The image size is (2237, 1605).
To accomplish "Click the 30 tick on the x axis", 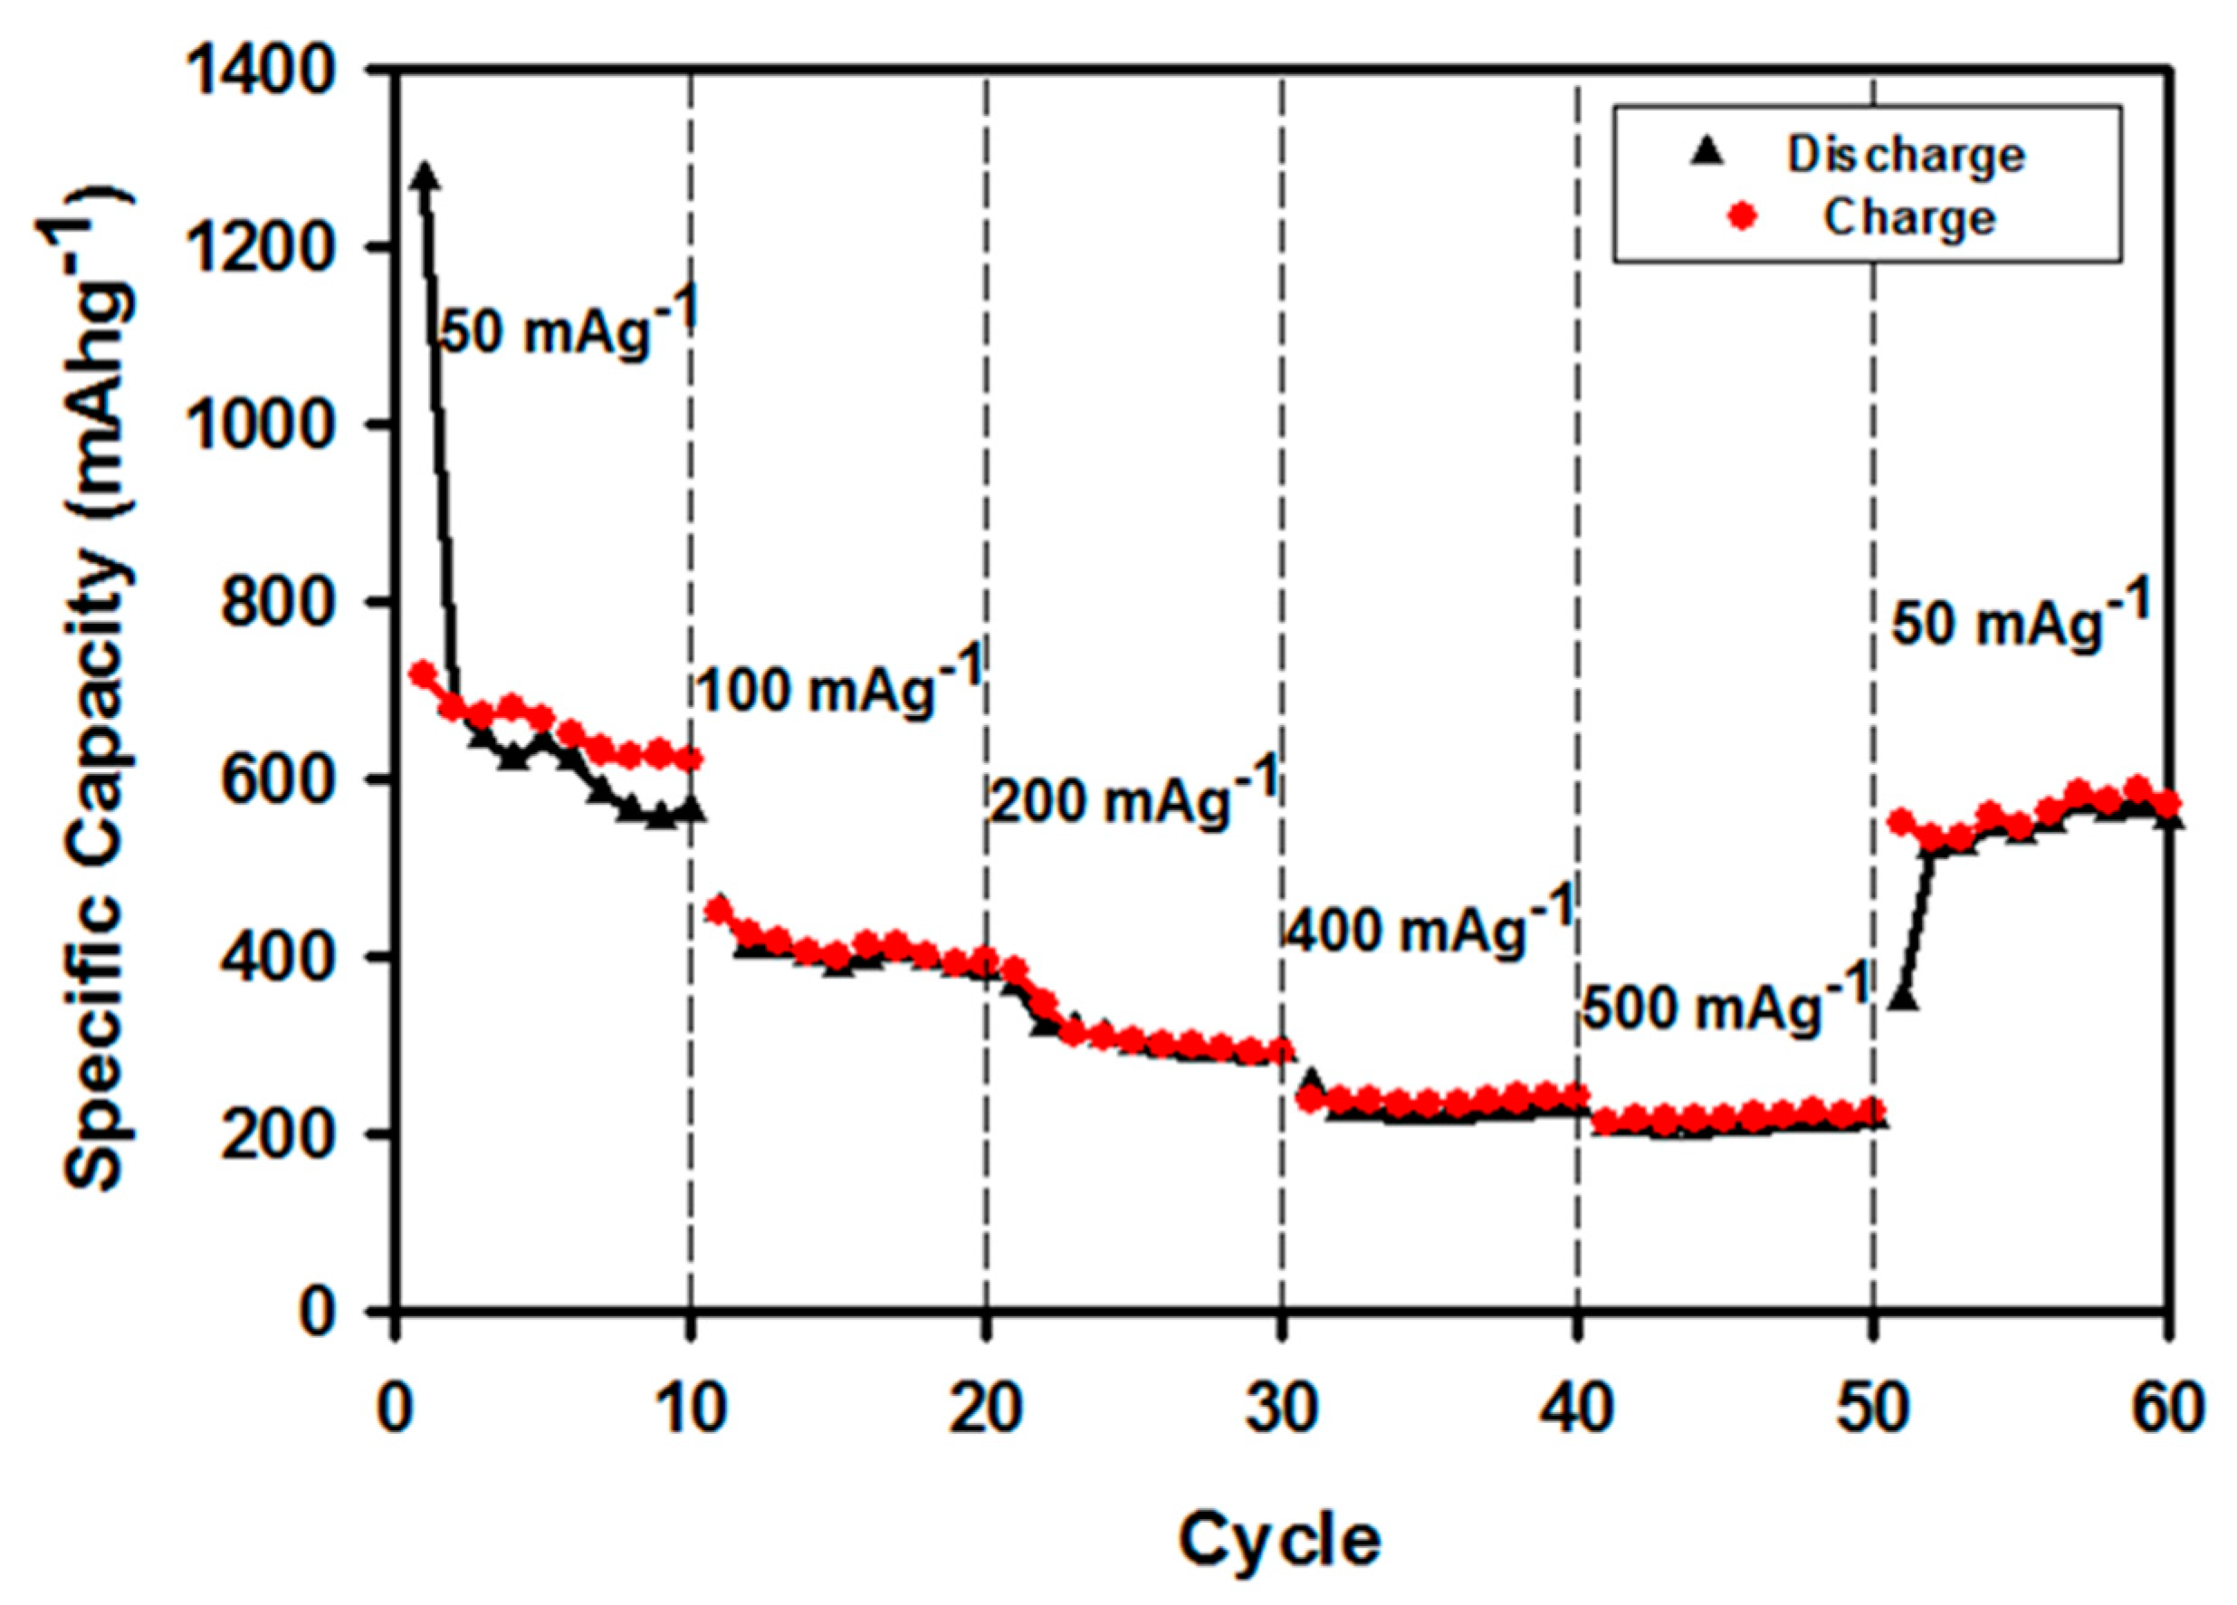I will (1281, 1409).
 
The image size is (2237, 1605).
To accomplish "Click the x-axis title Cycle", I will (1279, 1540).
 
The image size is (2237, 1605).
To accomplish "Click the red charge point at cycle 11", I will (718, 910).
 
